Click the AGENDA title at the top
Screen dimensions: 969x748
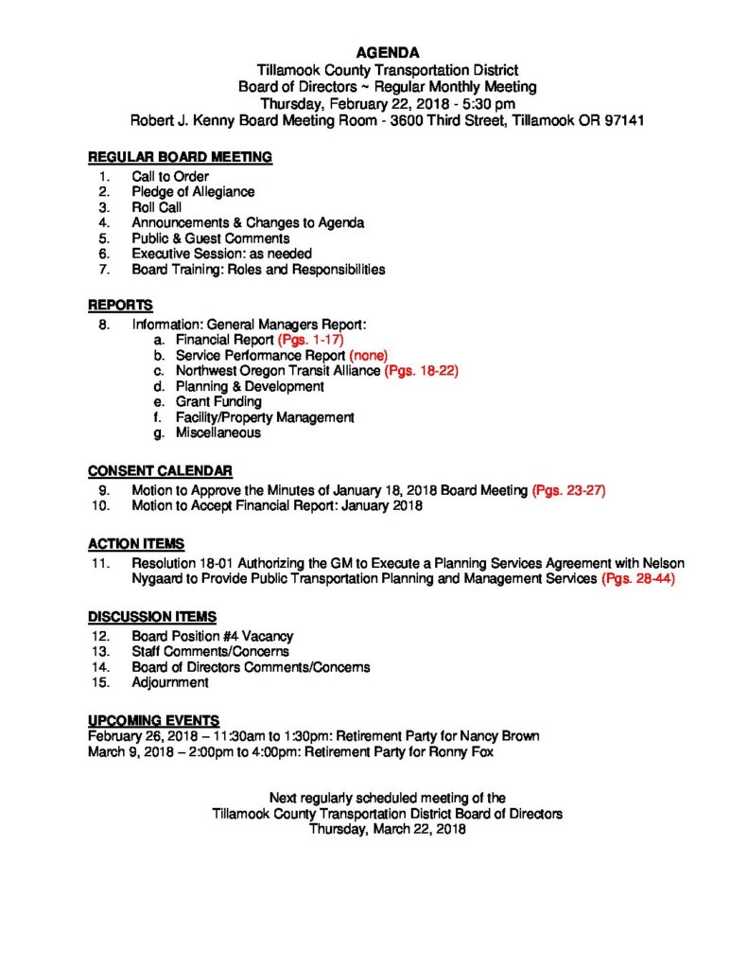click(388, 52)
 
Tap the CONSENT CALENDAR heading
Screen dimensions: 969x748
click(160, 470)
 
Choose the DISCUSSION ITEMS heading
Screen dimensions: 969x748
click(151, 616)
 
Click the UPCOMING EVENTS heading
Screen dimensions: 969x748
click(153, 719)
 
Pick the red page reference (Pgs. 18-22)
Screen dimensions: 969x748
click(421, 371)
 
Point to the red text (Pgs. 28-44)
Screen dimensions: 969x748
click(637, 577)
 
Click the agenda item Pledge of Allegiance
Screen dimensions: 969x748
click(193, 191)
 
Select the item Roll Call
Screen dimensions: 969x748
click(157, 207)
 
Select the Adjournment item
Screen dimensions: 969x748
click(170, 681)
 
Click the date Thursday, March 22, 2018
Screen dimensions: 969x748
click(388, 829)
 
